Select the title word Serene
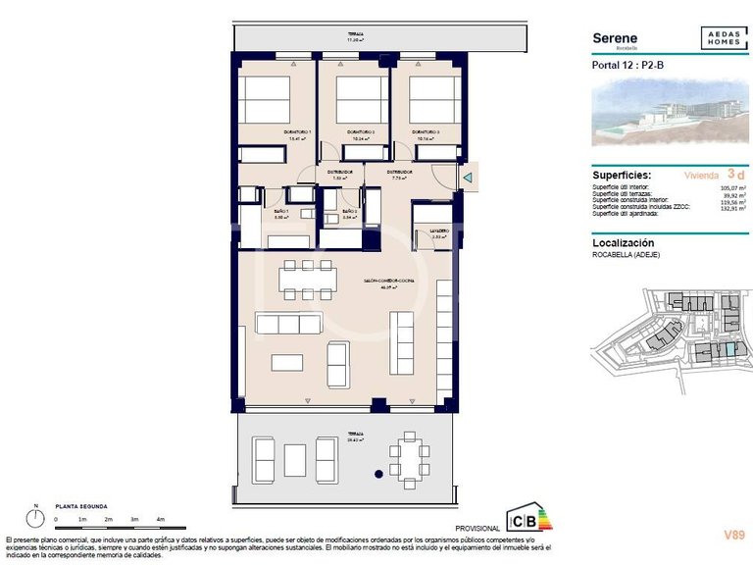tap(615, 38)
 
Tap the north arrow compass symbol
tap(35, 516)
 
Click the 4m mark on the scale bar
tap(160, 518)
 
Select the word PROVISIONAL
tap(479, 528)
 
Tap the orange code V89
tap(733, 535)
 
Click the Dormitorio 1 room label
tap(297, 131)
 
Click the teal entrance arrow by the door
tap(469, 178)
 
